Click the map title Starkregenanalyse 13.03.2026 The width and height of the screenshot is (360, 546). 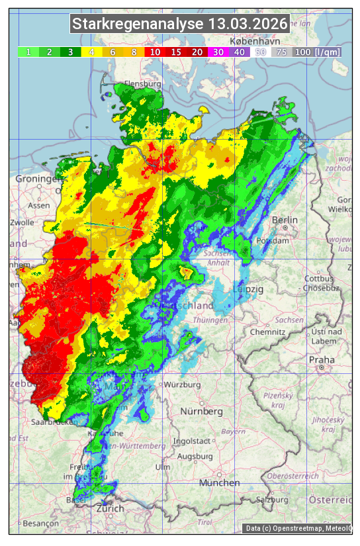180,24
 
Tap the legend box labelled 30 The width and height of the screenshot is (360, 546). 218,52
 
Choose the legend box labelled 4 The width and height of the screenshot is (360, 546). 92,52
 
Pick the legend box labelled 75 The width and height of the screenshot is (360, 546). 281,52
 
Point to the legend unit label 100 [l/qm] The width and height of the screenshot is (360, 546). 318,52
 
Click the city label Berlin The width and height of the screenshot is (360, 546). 285,220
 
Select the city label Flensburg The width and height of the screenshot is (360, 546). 143,85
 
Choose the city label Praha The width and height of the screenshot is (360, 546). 322,360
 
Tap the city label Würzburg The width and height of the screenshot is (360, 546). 182,385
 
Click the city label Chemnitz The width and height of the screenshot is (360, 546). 267,331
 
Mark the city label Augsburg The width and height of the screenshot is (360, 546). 196,456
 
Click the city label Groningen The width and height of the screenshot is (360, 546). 38,179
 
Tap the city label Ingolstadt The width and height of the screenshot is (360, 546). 190,441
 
